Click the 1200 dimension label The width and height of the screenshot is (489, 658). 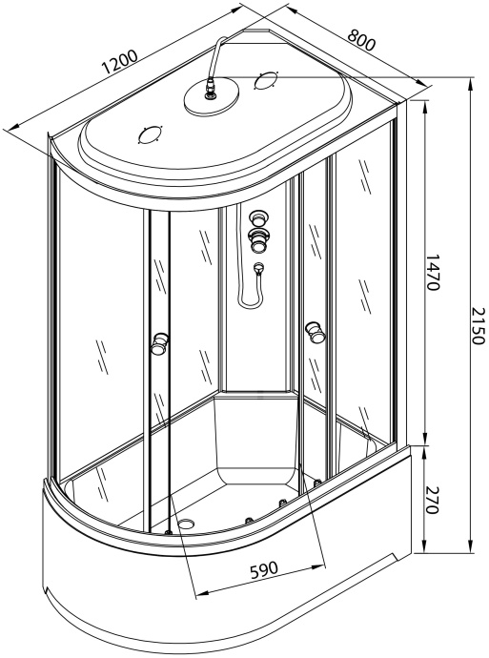119,62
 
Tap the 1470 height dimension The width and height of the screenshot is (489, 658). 432,272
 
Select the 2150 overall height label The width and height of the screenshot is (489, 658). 478,325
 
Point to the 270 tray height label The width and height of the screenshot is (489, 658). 432,501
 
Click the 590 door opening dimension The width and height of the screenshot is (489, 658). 264,569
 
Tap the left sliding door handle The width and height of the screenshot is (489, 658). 160,343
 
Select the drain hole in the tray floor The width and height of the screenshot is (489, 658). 186,524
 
